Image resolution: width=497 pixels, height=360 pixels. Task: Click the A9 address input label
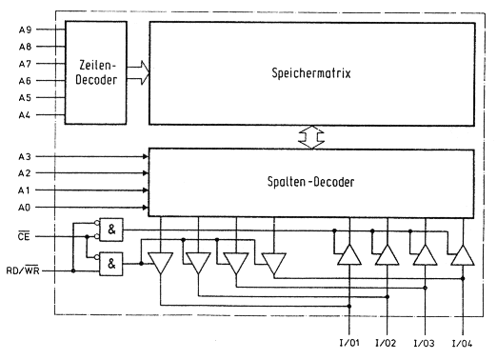pos(25,30)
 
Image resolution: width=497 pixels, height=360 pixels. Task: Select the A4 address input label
pos(25,114)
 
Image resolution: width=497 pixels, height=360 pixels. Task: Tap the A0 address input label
pos(24,208)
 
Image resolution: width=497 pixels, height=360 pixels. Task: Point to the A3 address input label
pos(25,156)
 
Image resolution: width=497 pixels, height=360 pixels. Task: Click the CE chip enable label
pos(24,236)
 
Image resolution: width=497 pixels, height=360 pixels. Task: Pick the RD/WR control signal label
pos(23,270)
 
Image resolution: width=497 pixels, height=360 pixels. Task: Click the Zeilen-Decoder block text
pos(96,72)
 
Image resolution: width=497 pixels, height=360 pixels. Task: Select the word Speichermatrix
pos(311,73)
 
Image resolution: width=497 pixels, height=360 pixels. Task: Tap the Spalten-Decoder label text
pos(310,182)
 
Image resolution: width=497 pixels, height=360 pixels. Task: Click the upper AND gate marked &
pos(111,230)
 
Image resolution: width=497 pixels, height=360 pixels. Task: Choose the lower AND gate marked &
pos(111,264)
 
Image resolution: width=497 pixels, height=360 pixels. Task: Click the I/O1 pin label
pos(349,343)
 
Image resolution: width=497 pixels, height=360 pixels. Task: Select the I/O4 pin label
pos(462,343)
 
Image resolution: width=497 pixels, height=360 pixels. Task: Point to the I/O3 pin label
pos(425,343)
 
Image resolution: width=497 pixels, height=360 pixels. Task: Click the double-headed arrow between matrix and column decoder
pos(311,137)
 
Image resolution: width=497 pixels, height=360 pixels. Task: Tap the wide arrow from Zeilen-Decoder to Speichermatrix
pos(138,72)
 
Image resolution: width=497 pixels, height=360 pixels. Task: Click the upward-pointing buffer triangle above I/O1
pos(349,254)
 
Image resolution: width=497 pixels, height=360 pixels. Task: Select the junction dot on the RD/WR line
pos(73,270)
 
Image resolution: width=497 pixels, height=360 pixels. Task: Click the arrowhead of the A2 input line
pos(146,173)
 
